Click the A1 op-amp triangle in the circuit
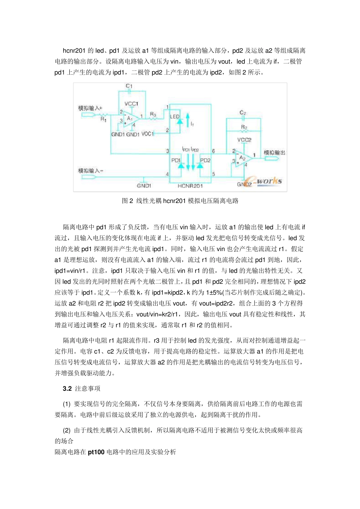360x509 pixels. pyautogui.click(x=130, y=118)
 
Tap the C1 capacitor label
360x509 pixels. pyautogui.click(x=129, y=86)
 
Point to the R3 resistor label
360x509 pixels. pyautogui.click(x=153, y=114)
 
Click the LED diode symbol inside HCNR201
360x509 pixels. pyautogui.click(x=180, y=121)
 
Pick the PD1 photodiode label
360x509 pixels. pyautogui.click(x=175, y=160)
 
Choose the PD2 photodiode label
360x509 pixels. pyautogui.click(x=205, y=160)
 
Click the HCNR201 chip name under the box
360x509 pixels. pyautogui.click(x=190, y=186)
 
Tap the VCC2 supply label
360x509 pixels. pyautogui.click(x=244, y=140)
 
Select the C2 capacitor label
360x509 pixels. pyautogui.click(x=243, y=113)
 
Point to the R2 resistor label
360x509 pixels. pyautogui.click(x=244, y=127)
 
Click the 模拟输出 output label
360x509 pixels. pyautogui.click(x=274, y=152)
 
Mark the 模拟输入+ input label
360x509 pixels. pyautogui.click(x=90, y=108)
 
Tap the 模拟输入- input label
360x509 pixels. pyautogui.click(x=91, y=170)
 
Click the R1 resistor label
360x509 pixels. pyautogui.click(x=103, y=119)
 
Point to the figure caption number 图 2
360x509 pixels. pyautogui.click(x=127, y=201)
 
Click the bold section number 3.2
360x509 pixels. pyautogui.click(x=67, y=389)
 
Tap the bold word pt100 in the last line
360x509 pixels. pyautogui.click(x=96, y=452)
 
